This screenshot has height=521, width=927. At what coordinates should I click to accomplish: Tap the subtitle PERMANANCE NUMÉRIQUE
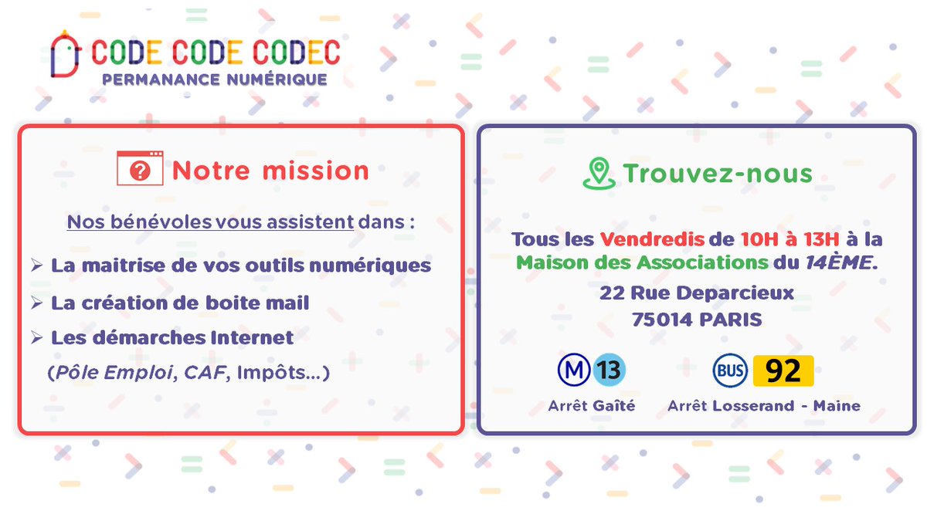pyautogui.click(x=215, y=79)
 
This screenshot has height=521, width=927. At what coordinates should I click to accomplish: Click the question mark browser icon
pyautogui.click(x=140, y=169)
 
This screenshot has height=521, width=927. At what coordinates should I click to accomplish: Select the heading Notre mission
pyautogui.click(x=270, y=171)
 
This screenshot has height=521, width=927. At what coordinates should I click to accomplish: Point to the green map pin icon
pyautogui.click(x=599, y=173)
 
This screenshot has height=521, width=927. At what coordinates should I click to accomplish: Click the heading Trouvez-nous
pyautogui.click(x=718, y=173)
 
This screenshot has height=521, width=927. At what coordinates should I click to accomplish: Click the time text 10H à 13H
pyautogui.click(x=783, y=239)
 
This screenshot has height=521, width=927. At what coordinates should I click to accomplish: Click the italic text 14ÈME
pyautogui.click(x=839, y=262)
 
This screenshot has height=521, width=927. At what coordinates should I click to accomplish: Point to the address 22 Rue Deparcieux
pyautogui.click(x=697, y=293)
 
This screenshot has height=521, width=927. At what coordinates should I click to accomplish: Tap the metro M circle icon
pyautogui.click(x=574, y=370)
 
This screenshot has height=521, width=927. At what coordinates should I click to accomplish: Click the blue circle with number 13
pyautogui.click(x=609, y=370)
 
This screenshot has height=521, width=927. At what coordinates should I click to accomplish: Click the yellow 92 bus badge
pyautogui.click(x=783, y=371)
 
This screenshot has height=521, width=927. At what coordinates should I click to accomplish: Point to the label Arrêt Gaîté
pyautogui.click(x=591, y=406)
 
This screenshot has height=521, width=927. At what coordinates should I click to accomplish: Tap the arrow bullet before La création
pyautogui.click(x=36, y=303)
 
